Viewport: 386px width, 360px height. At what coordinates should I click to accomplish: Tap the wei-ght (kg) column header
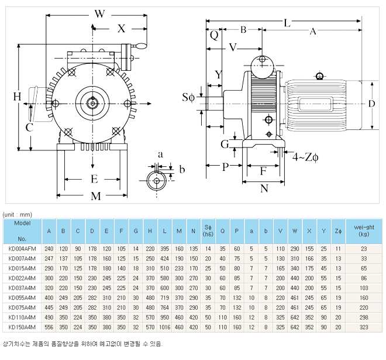pos(364,231)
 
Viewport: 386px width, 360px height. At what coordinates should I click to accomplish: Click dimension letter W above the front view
pos(99,13)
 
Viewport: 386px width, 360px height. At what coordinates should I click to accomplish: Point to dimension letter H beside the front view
pos(18,96)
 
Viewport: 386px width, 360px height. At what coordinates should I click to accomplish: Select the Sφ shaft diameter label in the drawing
pos(188,97)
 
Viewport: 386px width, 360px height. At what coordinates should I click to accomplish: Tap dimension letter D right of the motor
pos(371,104)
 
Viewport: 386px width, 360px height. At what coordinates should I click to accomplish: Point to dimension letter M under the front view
pos(96,196)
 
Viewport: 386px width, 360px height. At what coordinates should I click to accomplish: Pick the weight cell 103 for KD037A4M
pos(364,289)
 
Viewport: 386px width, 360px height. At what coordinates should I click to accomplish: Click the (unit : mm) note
pos(18,214)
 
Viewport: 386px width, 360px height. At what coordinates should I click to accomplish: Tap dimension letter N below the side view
pos(264,188)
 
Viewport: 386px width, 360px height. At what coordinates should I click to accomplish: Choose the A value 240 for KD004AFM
pos(49,249)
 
